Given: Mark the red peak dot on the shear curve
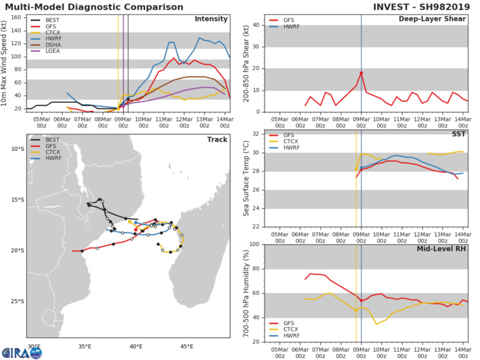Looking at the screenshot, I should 361,73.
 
